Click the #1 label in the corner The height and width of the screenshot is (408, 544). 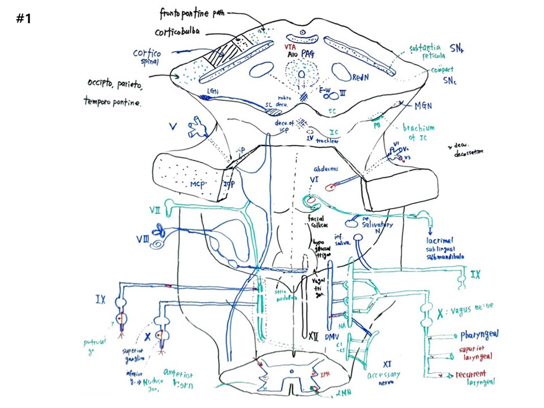(23, 19)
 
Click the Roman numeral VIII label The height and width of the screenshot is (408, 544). (142, 239)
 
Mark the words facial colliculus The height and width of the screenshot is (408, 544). (320, 224)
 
